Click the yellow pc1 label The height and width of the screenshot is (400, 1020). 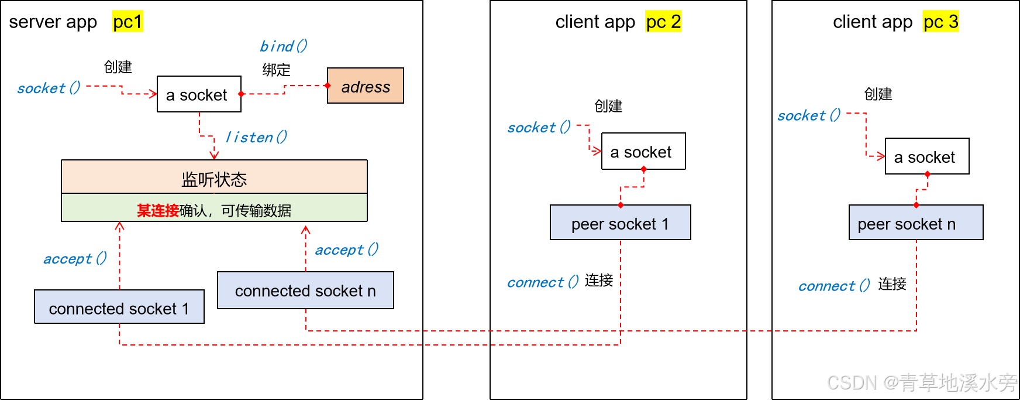[127, 22]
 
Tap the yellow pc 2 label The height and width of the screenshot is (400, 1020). [663, 22]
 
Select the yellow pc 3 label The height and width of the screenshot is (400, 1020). [940, 22]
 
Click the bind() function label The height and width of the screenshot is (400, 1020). [283, 46]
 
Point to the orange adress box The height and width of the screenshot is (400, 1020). [366, 86]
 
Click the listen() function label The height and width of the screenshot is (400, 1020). [256, 137]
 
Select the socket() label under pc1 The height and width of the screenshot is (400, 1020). [49, 88]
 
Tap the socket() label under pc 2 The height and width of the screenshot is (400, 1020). [538, 128]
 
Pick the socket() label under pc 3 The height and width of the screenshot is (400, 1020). [808, 115]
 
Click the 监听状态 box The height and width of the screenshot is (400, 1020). [214, 178]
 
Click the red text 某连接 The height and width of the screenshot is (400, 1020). [157, 210]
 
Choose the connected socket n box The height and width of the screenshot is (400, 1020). [305, 290]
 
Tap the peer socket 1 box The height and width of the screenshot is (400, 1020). [620, 223]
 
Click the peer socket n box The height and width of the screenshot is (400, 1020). [916, 223]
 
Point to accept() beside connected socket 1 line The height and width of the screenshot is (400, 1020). [75, 259]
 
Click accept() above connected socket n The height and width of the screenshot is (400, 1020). [346, 250]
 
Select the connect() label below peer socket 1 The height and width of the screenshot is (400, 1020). [542, 283]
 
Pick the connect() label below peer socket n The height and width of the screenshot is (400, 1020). [833, 286]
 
